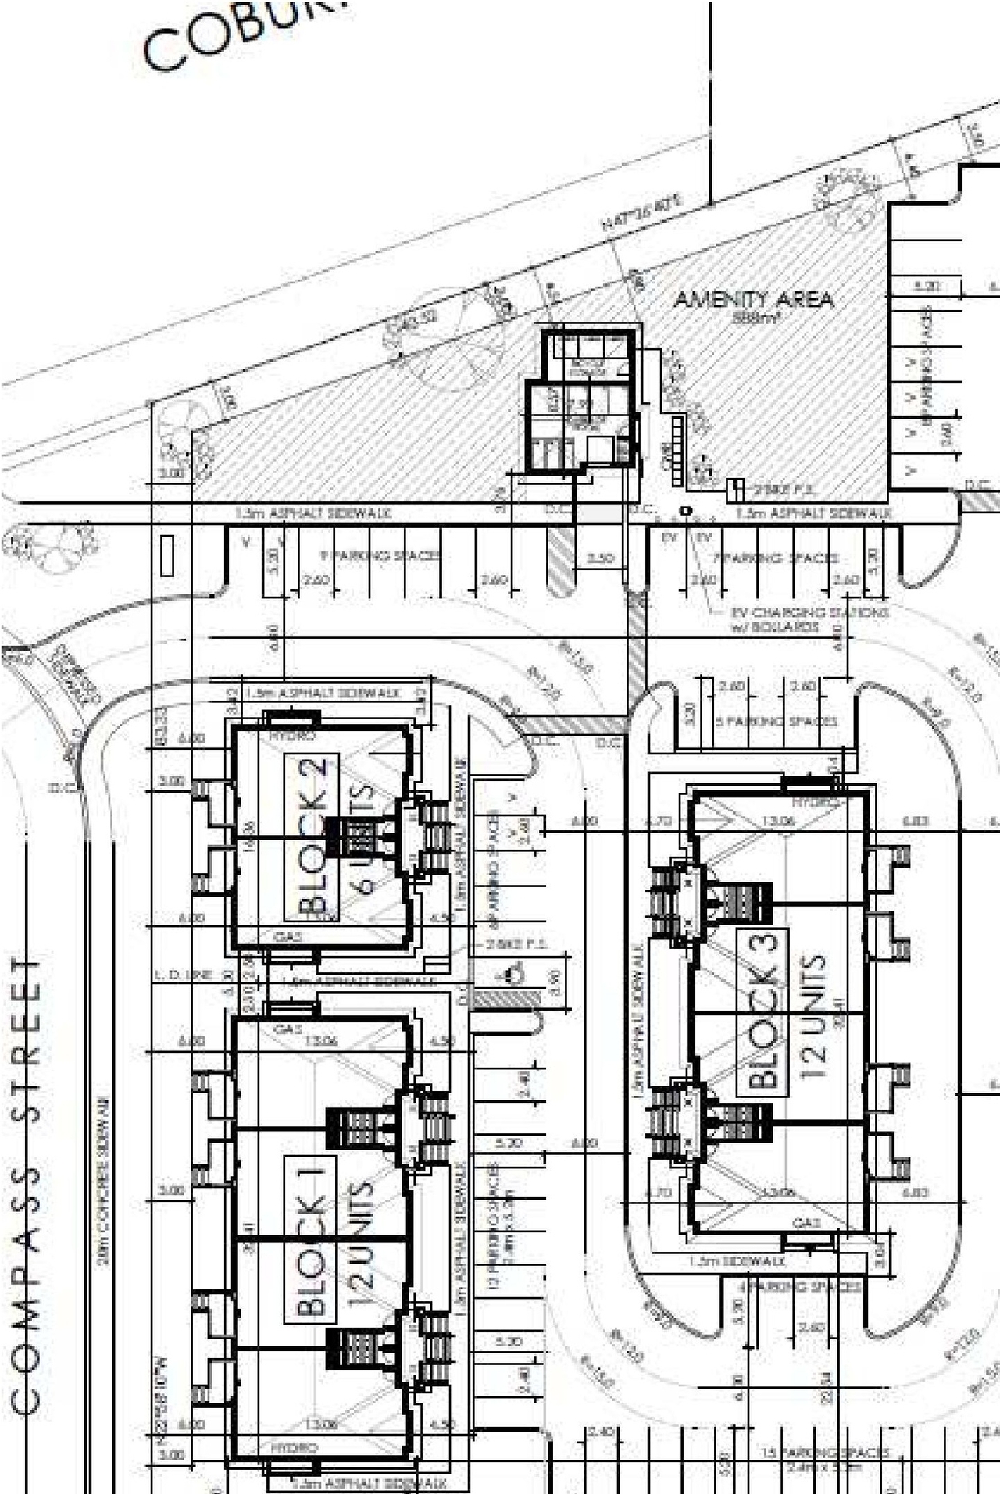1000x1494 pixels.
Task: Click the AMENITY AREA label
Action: (x=753, y=299)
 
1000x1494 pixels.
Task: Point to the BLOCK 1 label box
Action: (x=310, y=1239)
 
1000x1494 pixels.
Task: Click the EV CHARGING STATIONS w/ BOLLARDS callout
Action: (x=809, y=619)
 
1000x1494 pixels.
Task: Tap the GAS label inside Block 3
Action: (x=805, y=1222)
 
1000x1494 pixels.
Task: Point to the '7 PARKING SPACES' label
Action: (x=778, y=558)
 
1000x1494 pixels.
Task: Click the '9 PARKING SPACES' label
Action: (x=381, y=556)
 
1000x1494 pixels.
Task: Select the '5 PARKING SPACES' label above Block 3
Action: (x=777, y=720)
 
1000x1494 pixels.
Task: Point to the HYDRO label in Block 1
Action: (x=295, y=1447)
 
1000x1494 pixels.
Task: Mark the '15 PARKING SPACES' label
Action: (x=826, y=1452)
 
